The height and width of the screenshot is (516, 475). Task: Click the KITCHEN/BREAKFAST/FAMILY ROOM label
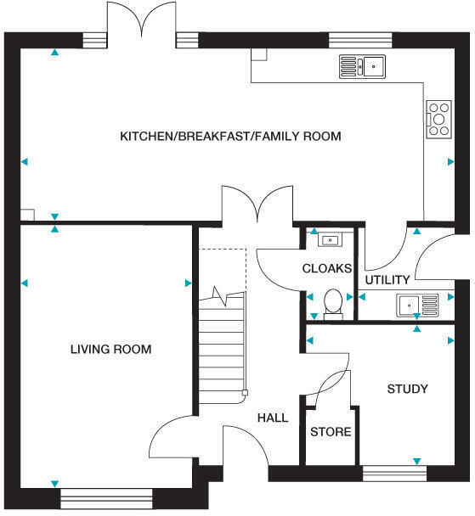[230, 136]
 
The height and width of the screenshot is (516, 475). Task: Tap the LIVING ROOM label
[111, 349]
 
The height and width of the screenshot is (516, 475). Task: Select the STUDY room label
[408, 390]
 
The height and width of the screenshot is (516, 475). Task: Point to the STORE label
[331, 432]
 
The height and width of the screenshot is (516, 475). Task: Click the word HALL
[272, 418]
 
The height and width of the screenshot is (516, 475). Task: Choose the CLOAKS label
[327, 268]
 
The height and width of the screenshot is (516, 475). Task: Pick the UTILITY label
[387, 280]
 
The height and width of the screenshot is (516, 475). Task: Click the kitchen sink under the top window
[363, 64]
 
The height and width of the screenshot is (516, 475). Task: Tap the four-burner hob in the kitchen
[439, 119]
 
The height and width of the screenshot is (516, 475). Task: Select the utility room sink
[416, 302]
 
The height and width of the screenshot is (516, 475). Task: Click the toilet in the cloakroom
[334, 302]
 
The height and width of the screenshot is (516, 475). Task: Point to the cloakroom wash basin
[328, 240]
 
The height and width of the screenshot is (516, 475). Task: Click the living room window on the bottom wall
[107, 496]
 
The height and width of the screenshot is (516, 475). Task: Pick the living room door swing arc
[174, 437]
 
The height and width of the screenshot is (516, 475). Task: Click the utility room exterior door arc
[442, 256]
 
